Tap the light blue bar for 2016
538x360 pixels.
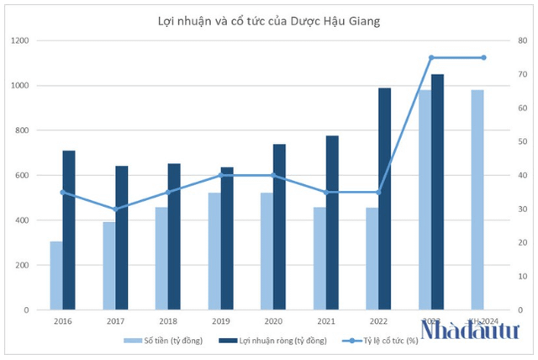tap(55, 275)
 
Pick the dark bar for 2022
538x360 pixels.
tap(384, 199)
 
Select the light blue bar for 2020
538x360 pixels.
tap(266, 251)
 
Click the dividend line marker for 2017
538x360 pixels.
tap(115, 209)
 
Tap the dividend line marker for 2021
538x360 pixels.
tap(325, 192)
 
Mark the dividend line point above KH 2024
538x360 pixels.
tap(483, 57)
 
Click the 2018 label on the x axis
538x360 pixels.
tap(167, 321)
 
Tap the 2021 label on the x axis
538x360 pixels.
tap(325, 321)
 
